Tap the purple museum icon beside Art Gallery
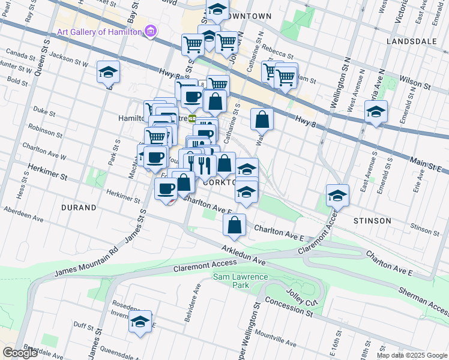(x=150, y=31)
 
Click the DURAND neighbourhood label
(x=79, y=208)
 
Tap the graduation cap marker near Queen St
(x=109, y=73)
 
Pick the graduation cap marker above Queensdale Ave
(x=140, y=321)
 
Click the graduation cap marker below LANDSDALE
(x=376, y=112)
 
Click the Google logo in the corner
(x=20, y=353)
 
